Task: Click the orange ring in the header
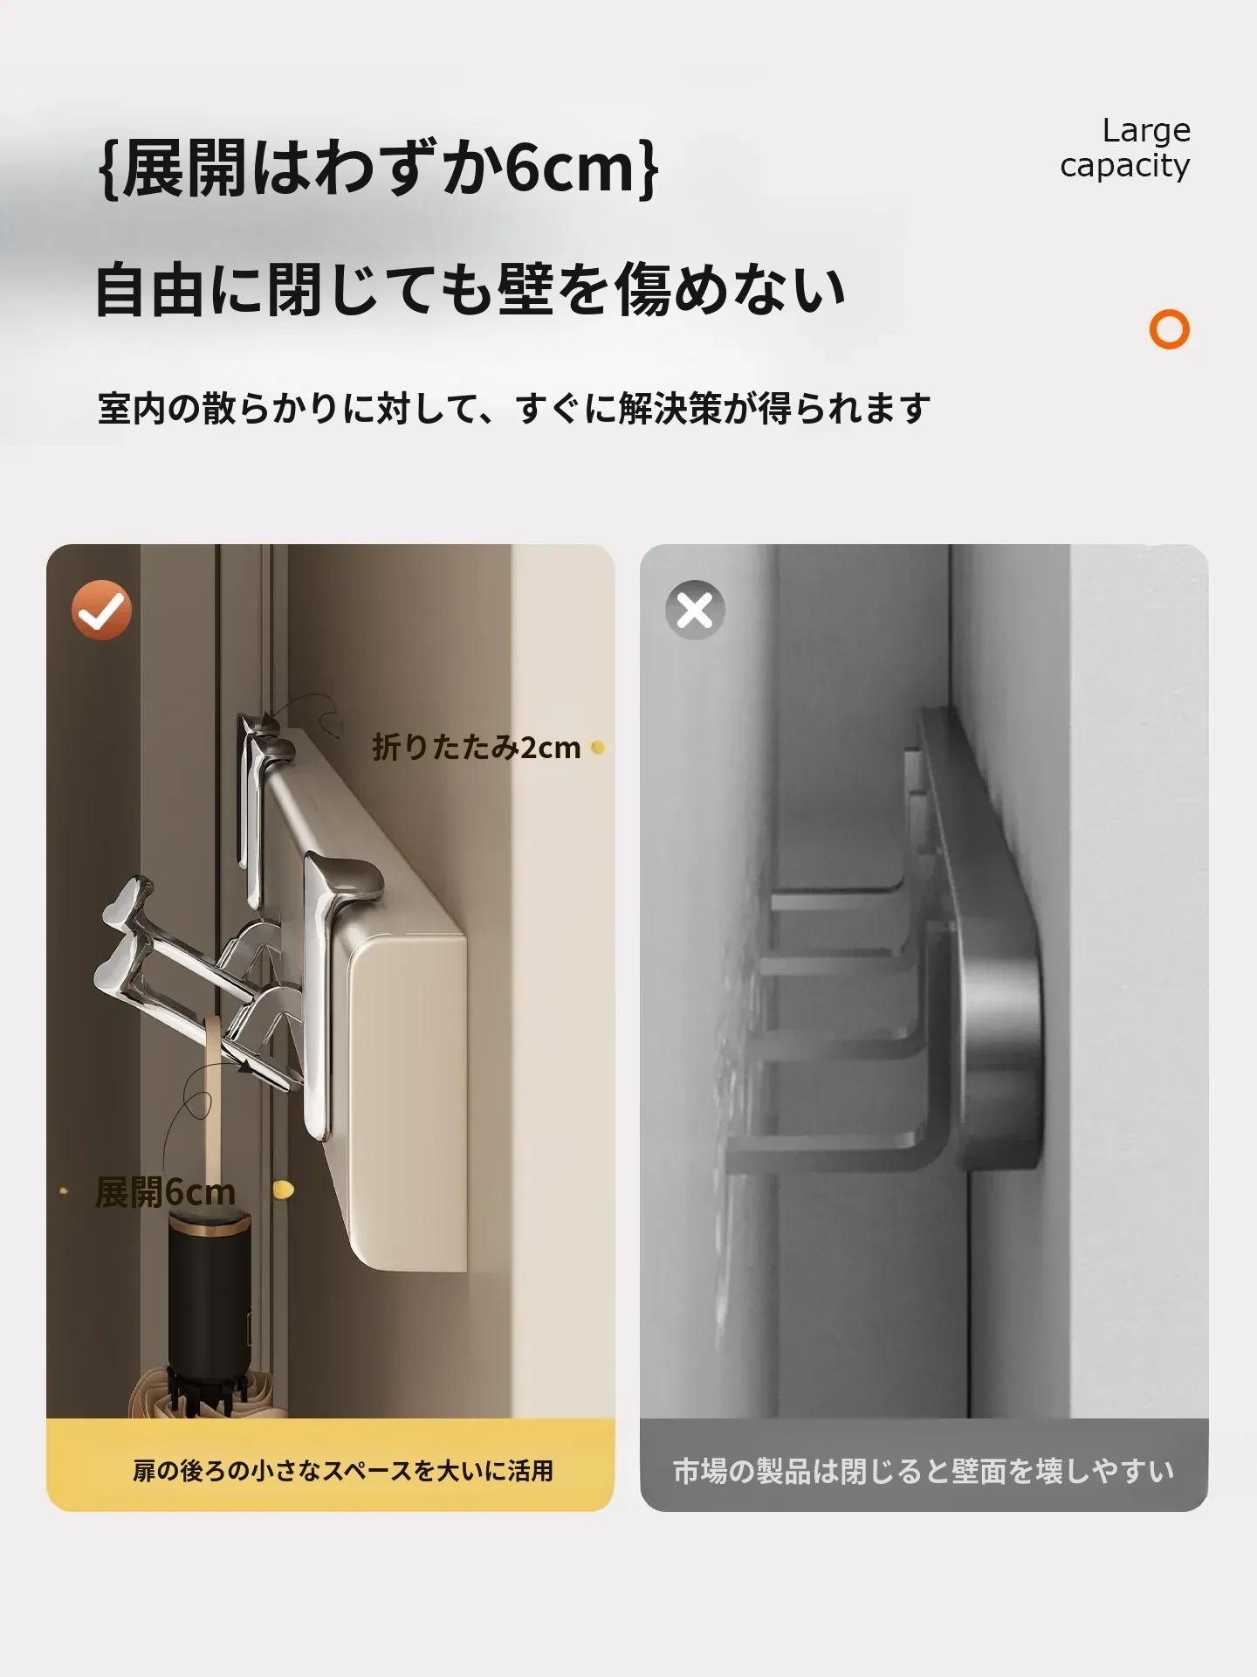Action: click(1170, 330)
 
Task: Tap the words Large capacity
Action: click(1125, 148)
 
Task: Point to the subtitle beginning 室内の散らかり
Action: click(514, 408)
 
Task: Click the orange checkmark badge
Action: click(101, 610)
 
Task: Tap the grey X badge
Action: click(695, 610)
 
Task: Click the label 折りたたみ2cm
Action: click(477, 748)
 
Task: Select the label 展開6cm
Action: click(165, 1192)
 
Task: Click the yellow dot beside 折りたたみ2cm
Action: click(598, 748)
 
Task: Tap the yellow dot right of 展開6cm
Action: click(283, 1189)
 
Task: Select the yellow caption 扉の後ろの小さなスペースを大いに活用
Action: click(343, 1471)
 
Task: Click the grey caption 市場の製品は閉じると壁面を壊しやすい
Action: click(924, 1472)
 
